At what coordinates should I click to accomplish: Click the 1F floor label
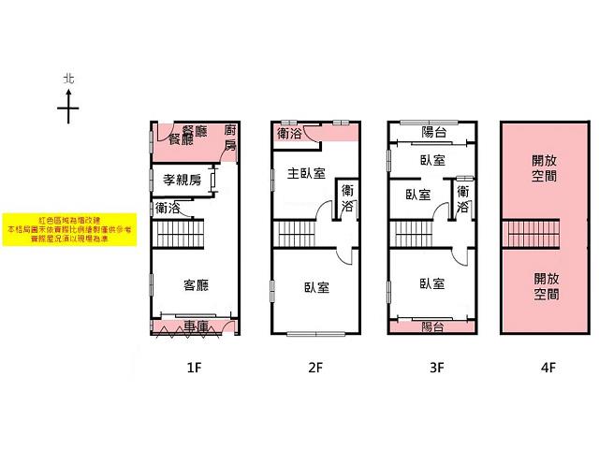(194, 368)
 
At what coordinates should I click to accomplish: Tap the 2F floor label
(314, 368)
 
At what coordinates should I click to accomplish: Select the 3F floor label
(435, 368)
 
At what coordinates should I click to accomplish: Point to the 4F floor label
(548, 368)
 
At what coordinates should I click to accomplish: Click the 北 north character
(67, 81)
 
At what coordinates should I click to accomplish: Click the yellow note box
(70, 228)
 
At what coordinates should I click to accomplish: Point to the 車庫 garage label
(196, 326)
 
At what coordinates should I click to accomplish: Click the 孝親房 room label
(182, 180)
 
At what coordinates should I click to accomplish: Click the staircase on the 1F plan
(178, 230)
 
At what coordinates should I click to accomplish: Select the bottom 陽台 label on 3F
(432, 326)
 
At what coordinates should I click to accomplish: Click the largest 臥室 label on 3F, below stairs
(432, 283)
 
